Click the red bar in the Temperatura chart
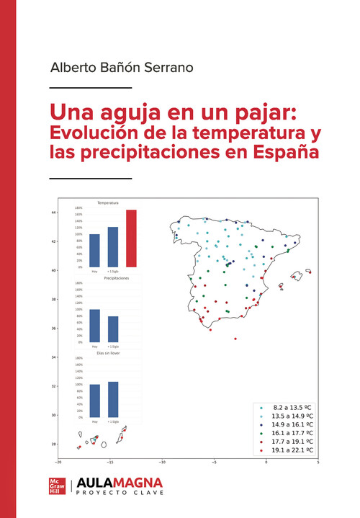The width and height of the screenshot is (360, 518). pyautogui.click(x=131, y=238)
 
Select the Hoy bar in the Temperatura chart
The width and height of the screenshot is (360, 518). pyautogui.click(x=94, y=250)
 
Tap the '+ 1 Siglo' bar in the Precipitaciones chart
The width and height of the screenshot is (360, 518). pyautogui.click(x=113, y=329)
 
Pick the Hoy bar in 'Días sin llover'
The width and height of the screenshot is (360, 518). pyautogui.click(x=94, y=401)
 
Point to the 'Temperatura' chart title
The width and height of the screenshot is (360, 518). pyautogui.click(x=108, y=203)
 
